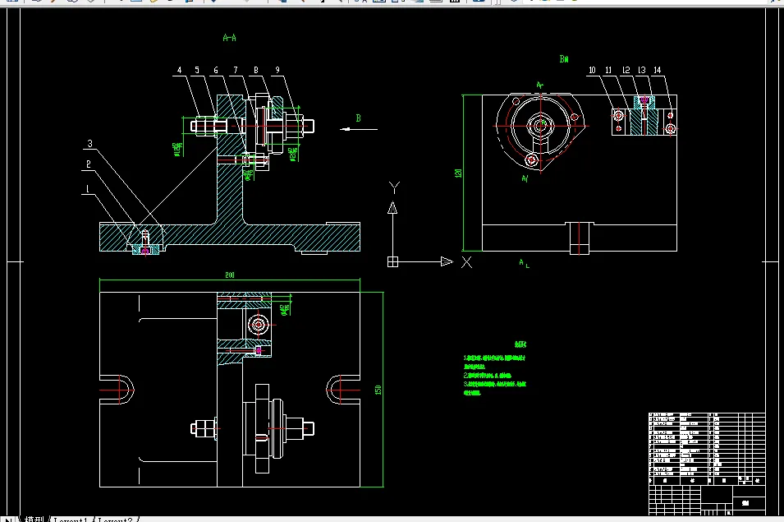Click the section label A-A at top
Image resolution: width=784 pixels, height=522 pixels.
231,38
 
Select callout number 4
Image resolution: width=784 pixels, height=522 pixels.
179,71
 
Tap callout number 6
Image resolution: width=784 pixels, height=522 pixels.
216,71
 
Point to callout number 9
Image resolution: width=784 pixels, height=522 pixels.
277,71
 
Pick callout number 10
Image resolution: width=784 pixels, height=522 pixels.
591,71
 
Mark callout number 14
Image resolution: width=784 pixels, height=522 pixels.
658,71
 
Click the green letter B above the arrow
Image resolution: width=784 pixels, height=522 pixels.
358,118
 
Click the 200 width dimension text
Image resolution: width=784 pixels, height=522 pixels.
230,275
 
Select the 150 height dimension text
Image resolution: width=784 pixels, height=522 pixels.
378,389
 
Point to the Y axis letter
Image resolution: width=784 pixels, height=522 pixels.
393,186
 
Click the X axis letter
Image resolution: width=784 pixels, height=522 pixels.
466,262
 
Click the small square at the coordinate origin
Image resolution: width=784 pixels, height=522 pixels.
392,261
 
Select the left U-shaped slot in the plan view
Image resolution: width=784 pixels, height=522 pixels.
116,389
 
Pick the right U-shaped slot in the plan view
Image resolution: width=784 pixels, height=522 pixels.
342,389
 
